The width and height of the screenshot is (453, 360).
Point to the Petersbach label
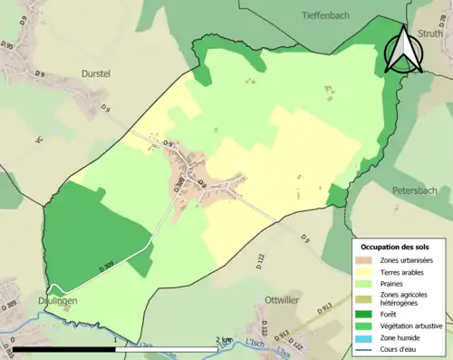click(416, 191)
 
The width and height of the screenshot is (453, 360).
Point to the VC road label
click(39, 141)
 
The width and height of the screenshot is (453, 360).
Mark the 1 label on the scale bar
click(115, 339)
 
